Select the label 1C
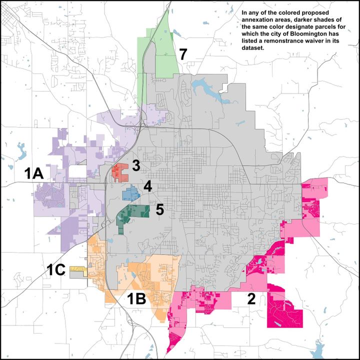[x=56, y=270]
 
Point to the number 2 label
[x=251, y=299]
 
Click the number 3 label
[x=136, y=166]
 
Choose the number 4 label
[x=147, y=187]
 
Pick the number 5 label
[x=159, y=209]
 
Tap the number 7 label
[x=183, y=54]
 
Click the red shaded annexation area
[x=120, y=171]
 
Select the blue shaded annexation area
[x=130, y=192]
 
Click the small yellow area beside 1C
[x=77, y=269]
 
